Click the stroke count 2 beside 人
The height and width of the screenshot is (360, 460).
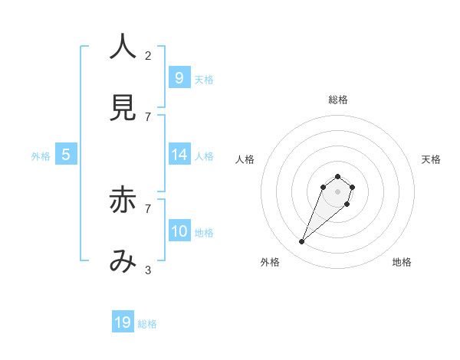point(148,55)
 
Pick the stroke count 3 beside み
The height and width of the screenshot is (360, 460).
point(148,270)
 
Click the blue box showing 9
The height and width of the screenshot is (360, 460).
point(179,77)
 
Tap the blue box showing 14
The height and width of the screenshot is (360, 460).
point(179,155)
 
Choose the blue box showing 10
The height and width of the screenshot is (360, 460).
point(179,231)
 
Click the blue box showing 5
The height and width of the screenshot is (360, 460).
point(65,155)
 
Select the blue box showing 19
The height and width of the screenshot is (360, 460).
point(123,322)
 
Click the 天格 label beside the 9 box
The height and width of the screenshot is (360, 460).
point(203,80)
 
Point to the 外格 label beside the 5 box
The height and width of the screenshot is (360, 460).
point(41,156)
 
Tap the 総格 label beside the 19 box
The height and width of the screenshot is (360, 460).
point(147,324)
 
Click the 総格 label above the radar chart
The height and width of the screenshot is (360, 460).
point(337,100)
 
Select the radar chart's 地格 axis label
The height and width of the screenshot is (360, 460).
point(402,262)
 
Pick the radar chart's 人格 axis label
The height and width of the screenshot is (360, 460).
point(245,159)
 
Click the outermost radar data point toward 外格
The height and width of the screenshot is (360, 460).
point(302,242)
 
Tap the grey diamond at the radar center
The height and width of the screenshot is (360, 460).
point(337,191)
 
